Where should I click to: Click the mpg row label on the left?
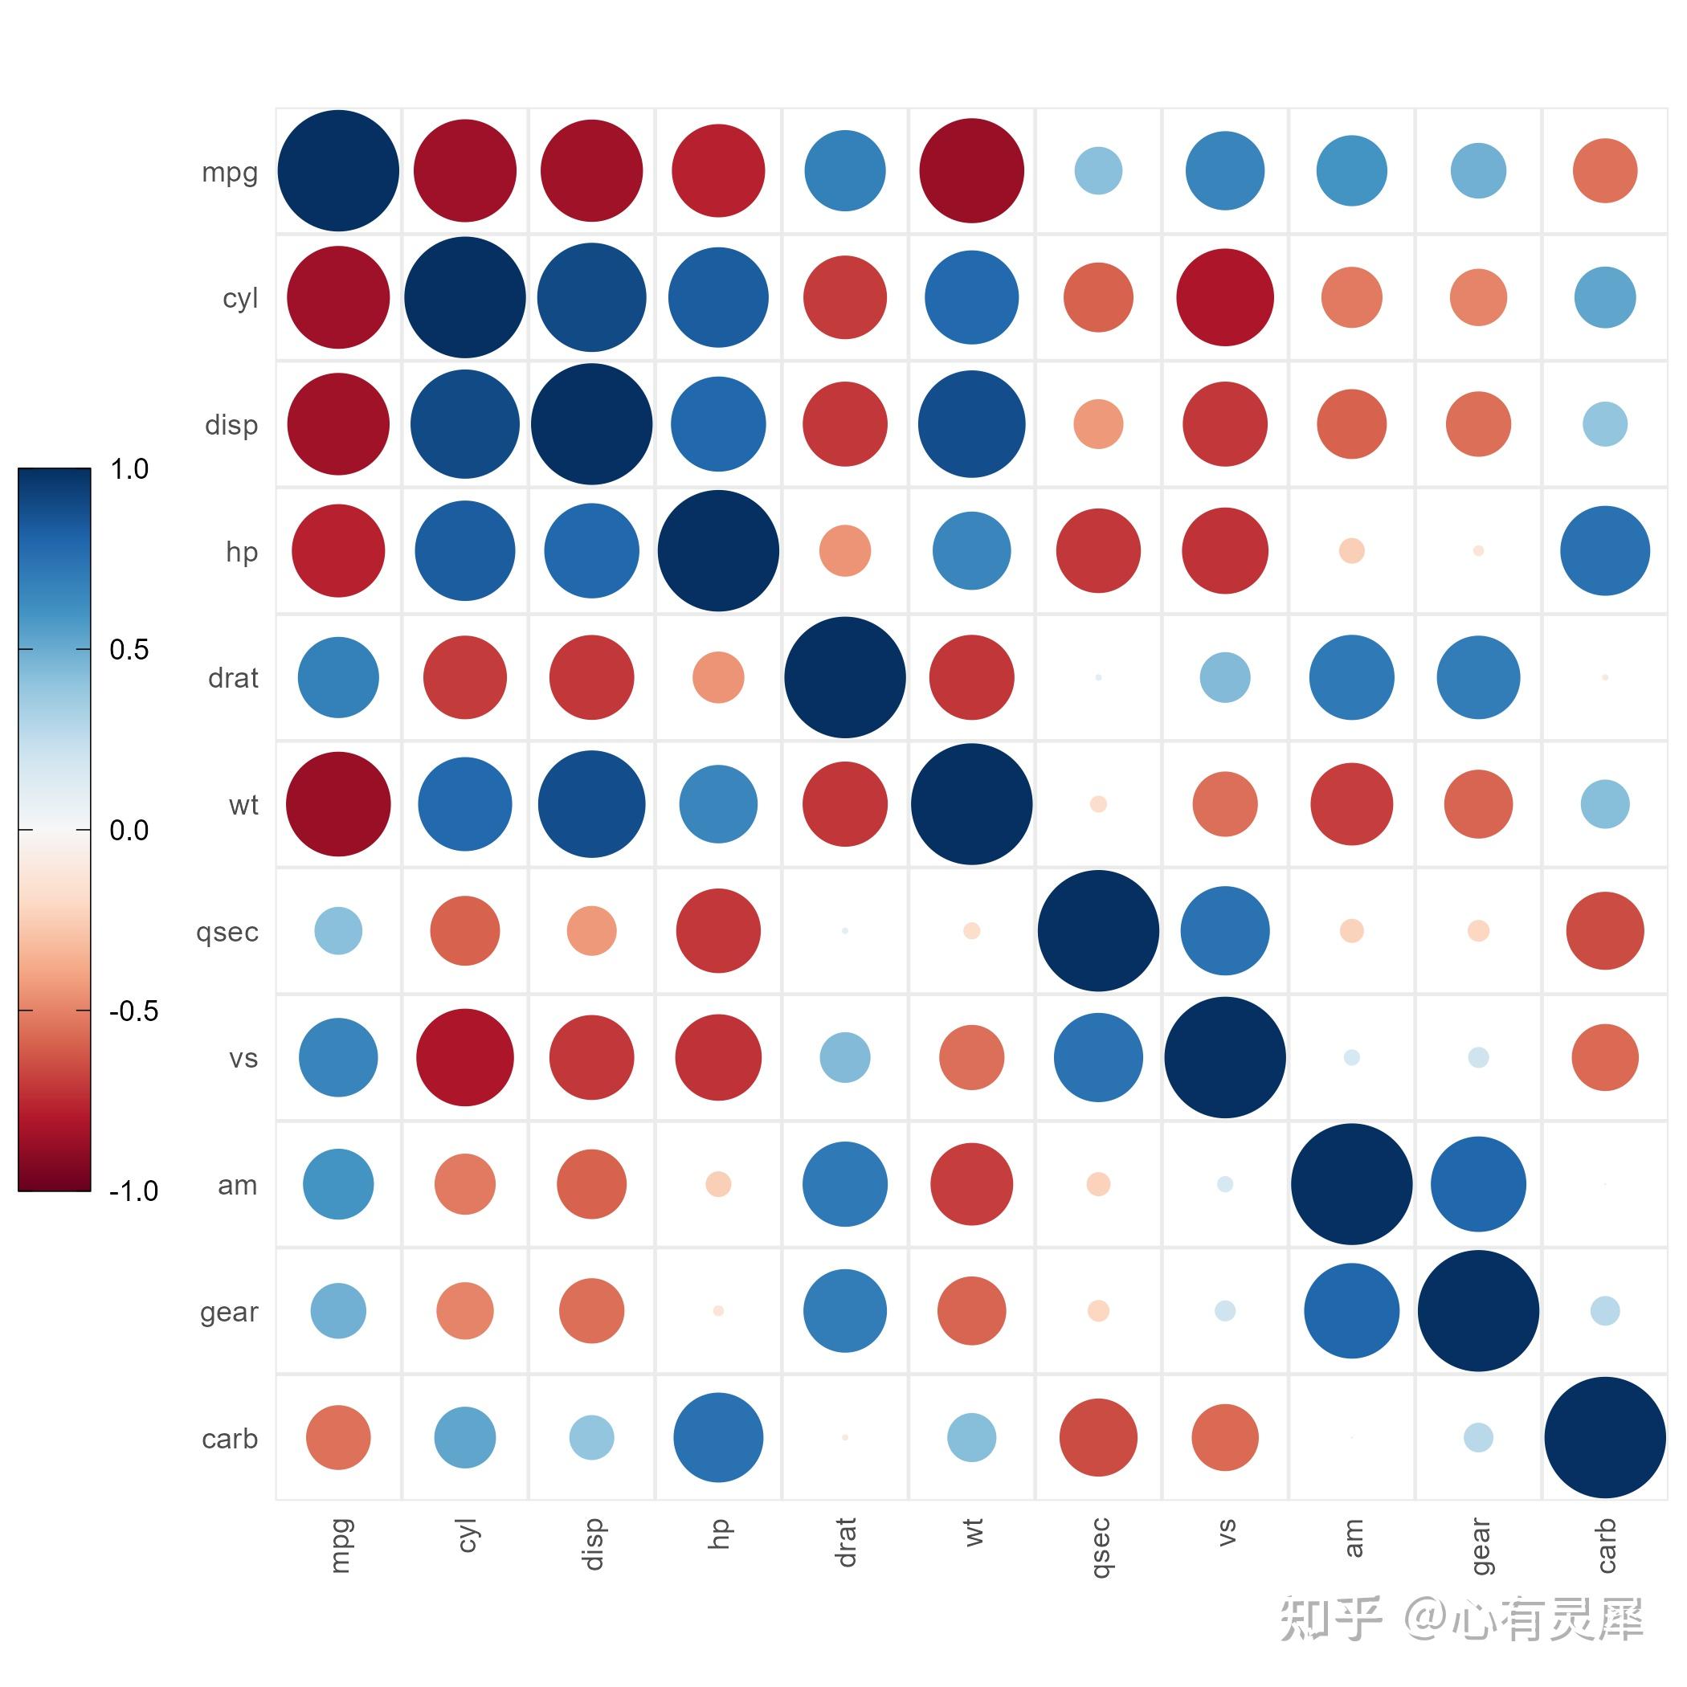[x=230, y=172]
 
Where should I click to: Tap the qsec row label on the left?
[x=227, y=933]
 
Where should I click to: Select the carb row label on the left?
[x=230, y=1439]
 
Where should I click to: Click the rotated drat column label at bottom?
[x=845, y=1542]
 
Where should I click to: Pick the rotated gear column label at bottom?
[x=1479, y=1546]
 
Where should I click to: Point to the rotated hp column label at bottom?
[x=719, y=1534]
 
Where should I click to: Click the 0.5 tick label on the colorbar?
[x=129, y=650]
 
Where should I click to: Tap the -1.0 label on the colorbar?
[x=133, y=1191]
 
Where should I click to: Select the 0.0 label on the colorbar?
[x=129, y=831]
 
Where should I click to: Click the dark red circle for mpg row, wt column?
[x=972, y=171]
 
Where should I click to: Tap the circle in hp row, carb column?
[x=1605, y=551]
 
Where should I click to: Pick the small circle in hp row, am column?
[x=1352, y=551]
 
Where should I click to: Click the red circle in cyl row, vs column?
[x=1225, y=298]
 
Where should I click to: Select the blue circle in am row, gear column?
[x=1478, y=1184]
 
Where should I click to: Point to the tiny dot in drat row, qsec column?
[x=1098, y=677]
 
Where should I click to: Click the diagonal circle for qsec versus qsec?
[x=1098, y=931]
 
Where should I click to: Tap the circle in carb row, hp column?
[x=719, y=1437]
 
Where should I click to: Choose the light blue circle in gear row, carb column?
[x=1605, y=1311]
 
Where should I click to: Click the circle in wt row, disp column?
[x=592, y=804]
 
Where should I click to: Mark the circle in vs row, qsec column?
[x=1098, y=1057]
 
